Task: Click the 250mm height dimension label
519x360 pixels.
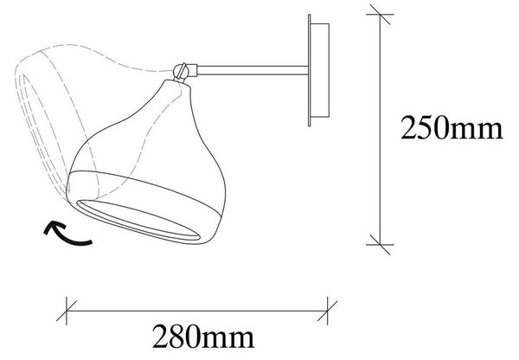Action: tap(452, 127)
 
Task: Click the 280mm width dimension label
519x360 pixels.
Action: tap(203, 336)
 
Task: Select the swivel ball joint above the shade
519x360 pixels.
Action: tap(181, 70)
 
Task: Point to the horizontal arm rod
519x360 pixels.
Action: tap(253, 70)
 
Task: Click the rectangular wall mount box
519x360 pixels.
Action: tap(320, 70)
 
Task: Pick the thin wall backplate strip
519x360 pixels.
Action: tap(309, 70)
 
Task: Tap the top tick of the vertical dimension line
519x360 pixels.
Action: tap(380, 15)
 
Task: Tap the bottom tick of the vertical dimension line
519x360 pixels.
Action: tap(380, 245)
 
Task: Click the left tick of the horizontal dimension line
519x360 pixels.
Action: tap(67, 311)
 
